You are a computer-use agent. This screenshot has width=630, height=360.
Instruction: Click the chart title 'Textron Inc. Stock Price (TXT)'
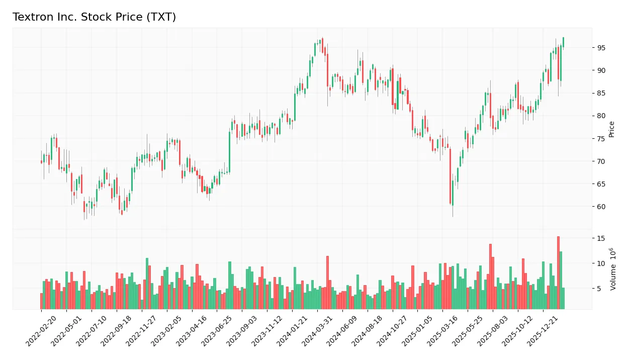point(94,17)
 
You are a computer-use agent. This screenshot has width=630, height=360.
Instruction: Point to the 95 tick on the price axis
point(601,48)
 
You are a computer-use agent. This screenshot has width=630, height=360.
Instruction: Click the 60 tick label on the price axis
point(601,207)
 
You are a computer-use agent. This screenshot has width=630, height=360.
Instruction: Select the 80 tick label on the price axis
point(601,116)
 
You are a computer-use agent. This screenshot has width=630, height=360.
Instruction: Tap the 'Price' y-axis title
point(611,129)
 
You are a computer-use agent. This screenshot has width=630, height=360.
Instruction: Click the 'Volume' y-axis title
point(613,269)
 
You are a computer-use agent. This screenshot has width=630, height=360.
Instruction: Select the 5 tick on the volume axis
point(599,289)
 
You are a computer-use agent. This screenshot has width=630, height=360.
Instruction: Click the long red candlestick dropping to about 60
point(451,176)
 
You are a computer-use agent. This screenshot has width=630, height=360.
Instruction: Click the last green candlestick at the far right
point(563,42)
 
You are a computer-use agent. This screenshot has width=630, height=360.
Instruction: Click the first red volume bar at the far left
point(41,301)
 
